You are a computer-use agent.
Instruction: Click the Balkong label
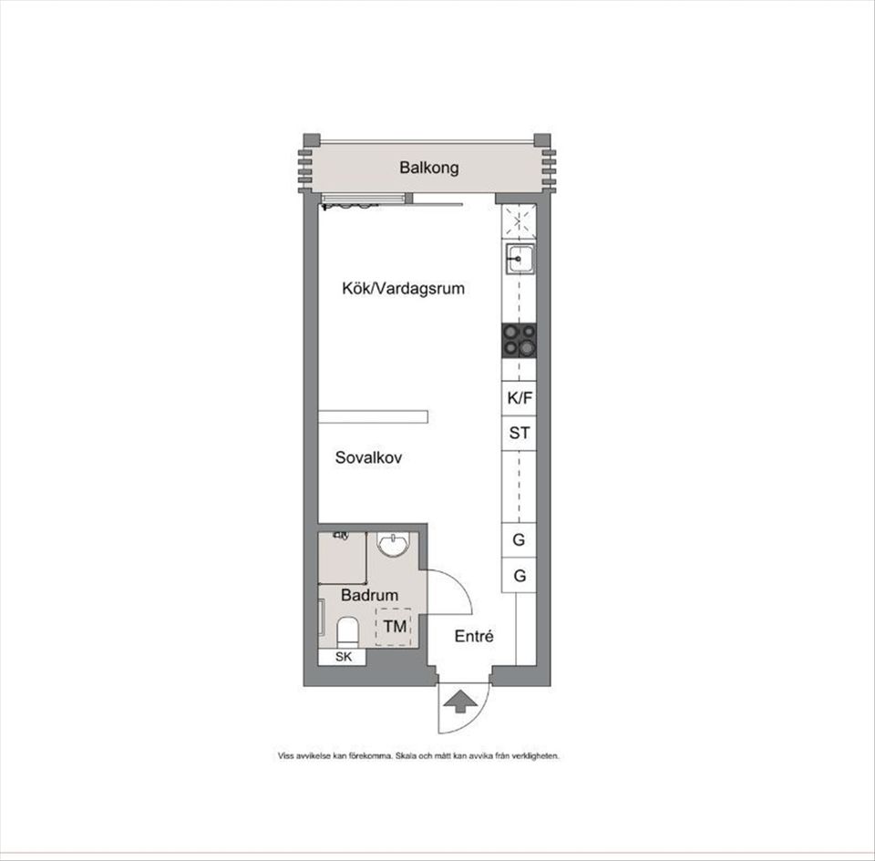click(428, 168)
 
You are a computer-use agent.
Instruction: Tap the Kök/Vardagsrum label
click(403, 289)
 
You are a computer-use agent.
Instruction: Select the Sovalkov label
click(368, 457)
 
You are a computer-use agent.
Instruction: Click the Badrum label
click(369, 595)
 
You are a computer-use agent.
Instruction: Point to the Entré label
click(474, 636)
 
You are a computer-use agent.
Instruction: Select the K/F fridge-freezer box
click(519, 398)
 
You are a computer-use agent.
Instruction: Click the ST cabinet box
click(519, 434)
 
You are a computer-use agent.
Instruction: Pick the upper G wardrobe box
click(519, 539)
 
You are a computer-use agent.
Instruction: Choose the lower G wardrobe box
click(519, 576)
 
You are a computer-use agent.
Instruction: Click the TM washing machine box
click(394, 627)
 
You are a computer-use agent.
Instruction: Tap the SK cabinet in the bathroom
click(343, 657)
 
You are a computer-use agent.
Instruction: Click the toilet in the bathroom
click(347, 630)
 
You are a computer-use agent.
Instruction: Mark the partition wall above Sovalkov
click(373, 416)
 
